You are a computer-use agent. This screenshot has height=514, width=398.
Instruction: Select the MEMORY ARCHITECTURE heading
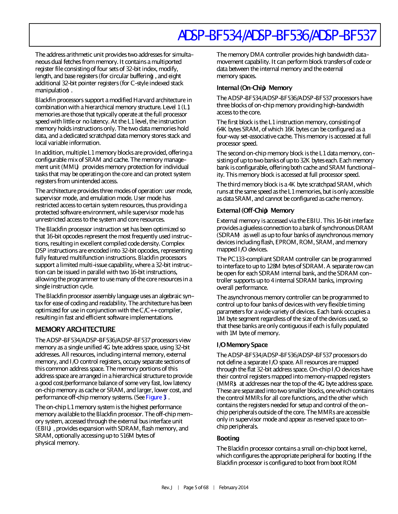pos(75,329)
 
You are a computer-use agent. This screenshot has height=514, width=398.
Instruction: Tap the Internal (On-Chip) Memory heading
pos(254,88)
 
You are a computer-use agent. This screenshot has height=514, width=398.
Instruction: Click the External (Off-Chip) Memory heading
pos(255,210)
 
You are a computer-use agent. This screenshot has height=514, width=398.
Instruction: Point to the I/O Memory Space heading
pos(242,345)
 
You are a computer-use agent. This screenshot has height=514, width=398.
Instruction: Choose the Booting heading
pos(228,438)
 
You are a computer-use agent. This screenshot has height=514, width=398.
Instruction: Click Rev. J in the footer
pos(167,488)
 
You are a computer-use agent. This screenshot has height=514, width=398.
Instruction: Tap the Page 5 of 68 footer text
pos(196,488)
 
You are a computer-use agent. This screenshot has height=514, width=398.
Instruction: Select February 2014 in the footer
pos(234,488)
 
